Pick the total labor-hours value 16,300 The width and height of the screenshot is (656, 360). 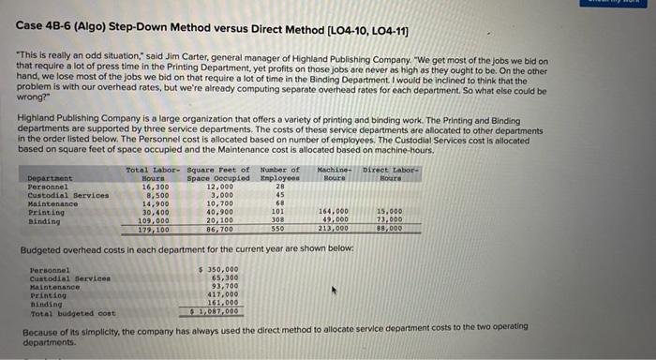click(x=150, y=186)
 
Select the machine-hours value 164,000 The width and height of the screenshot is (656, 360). click(x=334, y=211)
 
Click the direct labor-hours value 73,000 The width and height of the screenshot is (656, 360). click(x=387, y=219)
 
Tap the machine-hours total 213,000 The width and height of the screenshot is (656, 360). click(x=334, y=228)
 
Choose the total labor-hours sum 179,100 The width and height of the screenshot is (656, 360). click(x=150, y=228)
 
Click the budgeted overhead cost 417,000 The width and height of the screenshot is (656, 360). click(x=223, y=295)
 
